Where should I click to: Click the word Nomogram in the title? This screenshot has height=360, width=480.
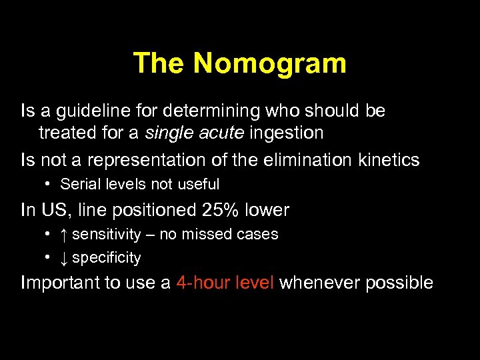[270, 63]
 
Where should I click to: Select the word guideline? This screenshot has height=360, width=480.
[90, 111]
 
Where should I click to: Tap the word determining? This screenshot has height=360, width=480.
[219, 111]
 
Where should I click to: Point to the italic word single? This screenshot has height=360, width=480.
[167, 133]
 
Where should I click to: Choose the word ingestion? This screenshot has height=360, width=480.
[287, 133]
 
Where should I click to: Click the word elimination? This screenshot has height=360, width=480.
[300, 160]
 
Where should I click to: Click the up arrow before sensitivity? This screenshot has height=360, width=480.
[63, 235]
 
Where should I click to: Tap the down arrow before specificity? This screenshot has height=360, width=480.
[63, 258]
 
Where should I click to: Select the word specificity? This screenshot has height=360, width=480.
[107, 258]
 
